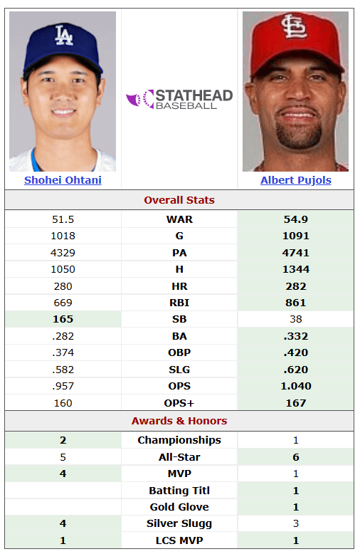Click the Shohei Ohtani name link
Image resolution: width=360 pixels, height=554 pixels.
pos(63,180)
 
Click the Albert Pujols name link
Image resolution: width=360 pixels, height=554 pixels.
pos(295,180)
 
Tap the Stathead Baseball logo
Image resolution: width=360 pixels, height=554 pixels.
pos(179,99)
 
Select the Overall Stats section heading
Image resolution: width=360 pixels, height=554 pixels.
pos(179,200)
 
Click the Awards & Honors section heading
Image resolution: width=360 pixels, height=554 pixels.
pos(179,421)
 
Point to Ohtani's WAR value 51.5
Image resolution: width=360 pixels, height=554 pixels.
pos(63,219)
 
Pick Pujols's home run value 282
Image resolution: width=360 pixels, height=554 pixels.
pos(295,286)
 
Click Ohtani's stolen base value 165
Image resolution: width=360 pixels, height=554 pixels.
pos(63,319)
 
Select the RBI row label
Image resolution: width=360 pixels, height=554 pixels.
pos(179,303)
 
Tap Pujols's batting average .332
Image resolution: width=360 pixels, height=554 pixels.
pos(295,336)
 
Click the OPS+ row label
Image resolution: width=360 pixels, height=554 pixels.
pos(179,403)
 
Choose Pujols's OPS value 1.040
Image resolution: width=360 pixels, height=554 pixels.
pos(295,386)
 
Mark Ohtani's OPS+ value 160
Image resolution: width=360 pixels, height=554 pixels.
pos(63,403)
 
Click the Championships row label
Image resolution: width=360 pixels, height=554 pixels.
pos(179,440)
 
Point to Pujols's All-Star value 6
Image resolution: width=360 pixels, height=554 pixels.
pos(295,457)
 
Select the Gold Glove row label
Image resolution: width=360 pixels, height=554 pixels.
pos(179,507)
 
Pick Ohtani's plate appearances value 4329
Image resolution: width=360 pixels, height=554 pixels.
pos(63,253)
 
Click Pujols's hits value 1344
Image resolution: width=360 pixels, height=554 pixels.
pos(295,269)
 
